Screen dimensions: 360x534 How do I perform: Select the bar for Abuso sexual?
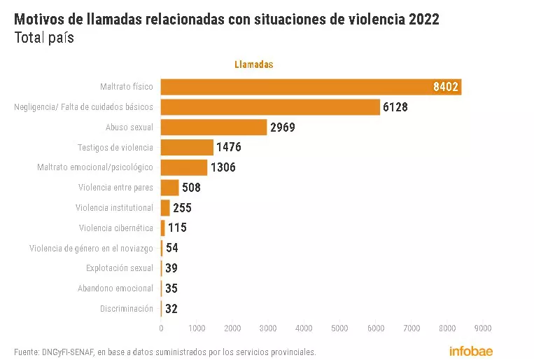tap(214, 127)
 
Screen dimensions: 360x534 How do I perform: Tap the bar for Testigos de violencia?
tap(187, 147)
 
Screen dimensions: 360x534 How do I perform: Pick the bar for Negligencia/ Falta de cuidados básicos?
tap(270, 107)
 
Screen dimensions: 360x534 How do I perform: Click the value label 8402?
tap(445, 87)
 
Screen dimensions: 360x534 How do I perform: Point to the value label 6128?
tap(395, 107)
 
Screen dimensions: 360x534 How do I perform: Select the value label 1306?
tap(223, 167)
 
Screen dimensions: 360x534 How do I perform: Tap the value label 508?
tap(191, 188)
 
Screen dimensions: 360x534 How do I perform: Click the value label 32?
tap(171, 309)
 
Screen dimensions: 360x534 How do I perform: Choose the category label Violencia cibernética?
tap(115, 228)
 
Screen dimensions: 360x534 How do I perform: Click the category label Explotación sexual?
tap(119, 268)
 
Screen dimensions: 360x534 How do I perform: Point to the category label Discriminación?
tap(126, 309)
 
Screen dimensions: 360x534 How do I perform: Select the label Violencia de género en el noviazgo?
tap(91, 249)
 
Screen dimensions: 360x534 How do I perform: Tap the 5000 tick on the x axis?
tap(339, 328)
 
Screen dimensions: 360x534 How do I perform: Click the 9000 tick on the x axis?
tap(482, 328)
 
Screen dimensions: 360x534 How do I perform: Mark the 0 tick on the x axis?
tap(161, 328)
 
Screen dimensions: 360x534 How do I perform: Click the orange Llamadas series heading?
tap(253, 64)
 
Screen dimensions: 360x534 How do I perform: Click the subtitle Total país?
tap(44, 38)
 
